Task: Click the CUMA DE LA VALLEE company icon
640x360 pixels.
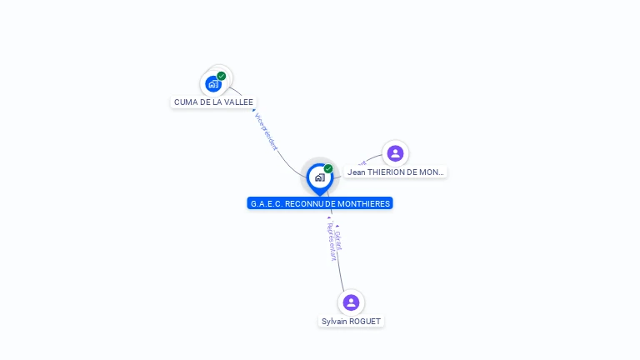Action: [x=213, y=83]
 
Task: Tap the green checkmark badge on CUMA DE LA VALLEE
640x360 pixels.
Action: [x=222, y=76]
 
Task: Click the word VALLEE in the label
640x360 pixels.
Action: [x=239, y=102]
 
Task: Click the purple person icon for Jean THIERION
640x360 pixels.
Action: [x=395, y=153]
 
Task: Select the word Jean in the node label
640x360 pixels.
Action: [x=357, y=172]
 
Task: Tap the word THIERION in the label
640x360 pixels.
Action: [x=387, y=172]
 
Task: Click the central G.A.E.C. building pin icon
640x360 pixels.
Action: [x=319, y=177]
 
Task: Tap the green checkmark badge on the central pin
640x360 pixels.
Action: [x=328, y=168]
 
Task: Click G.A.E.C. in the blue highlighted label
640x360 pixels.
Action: [x=266, y=203]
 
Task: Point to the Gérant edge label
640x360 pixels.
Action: [x=337, y=240]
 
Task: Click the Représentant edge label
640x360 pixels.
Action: [x=331, y=242]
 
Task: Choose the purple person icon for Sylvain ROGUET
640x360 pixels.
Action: [x=351, y=302]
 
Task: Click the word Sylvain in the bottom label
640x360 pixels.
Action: [x=335, y=322]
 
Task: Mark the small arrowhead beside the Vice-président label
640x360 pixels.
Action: [x=254, y=111]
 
